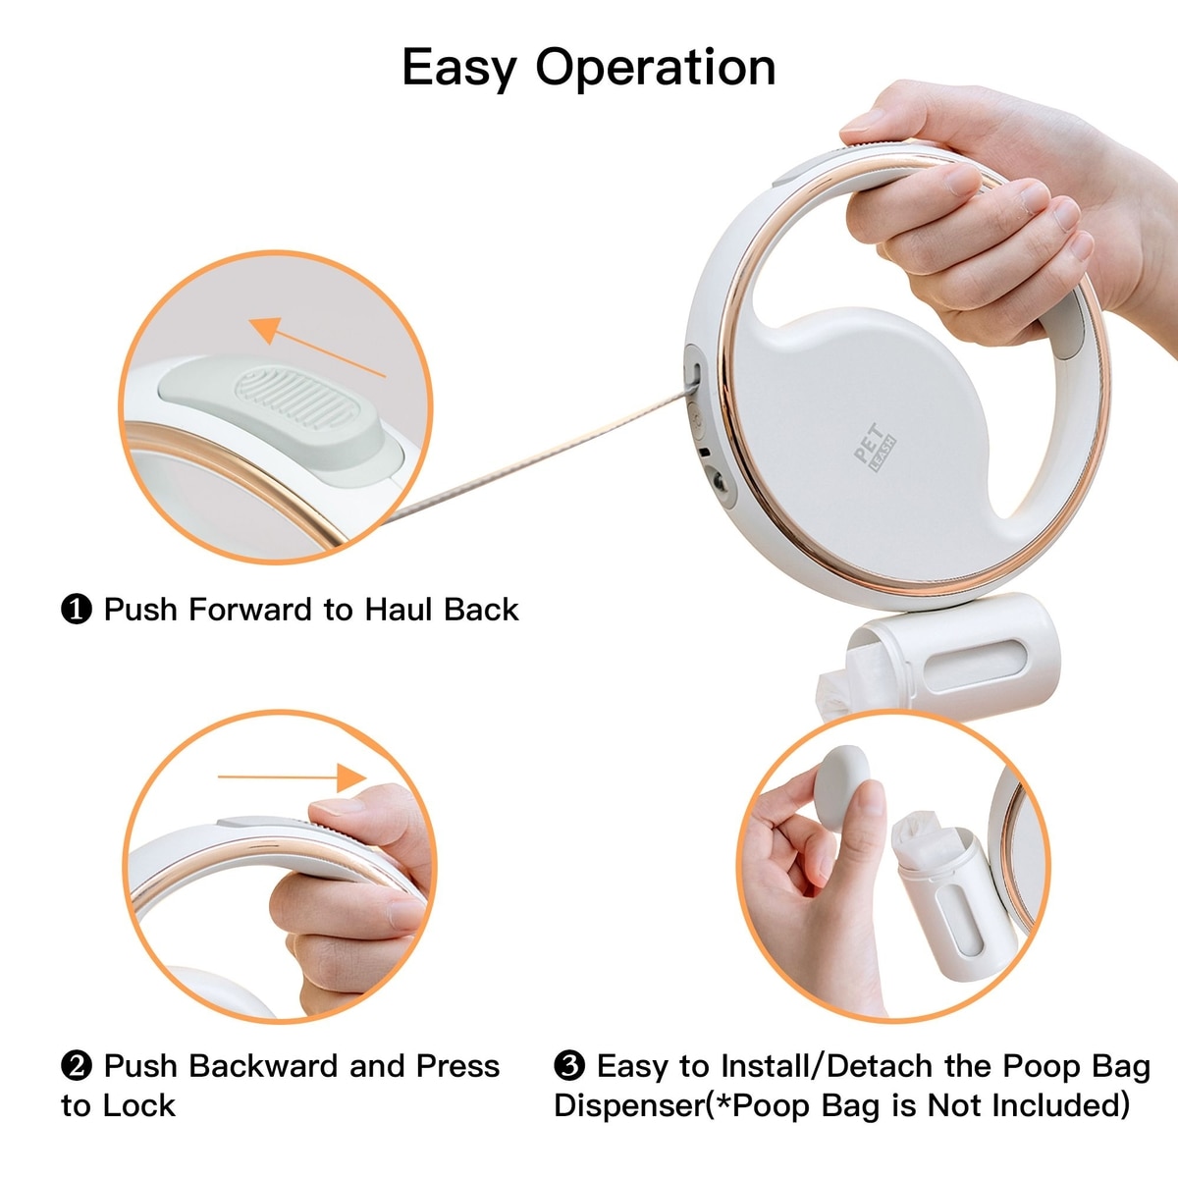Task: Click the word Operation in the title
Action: pos(656,69)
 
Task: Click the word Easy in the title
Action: pos(459,69)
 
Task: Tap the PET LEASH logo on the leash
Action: pos(875,448)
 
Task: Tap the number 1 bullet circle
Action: pos(77,610)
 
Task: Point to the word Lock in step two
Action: pos(139,1106)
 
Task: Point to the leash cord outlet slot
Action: pos(696,373)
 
